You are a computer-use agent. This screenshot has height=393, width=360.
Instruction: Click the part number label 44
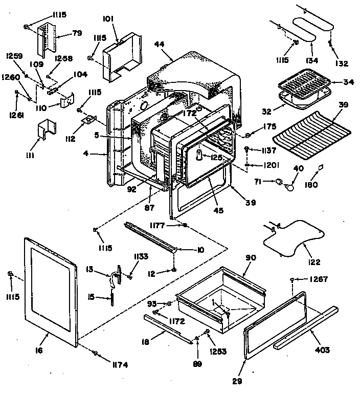pos(159,45)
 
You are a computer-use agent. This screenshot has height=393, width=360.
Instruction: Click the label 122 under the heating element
pos(314,262)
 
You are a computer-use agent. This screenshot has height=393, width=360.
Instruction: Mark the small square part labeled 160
pos(321,166)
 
